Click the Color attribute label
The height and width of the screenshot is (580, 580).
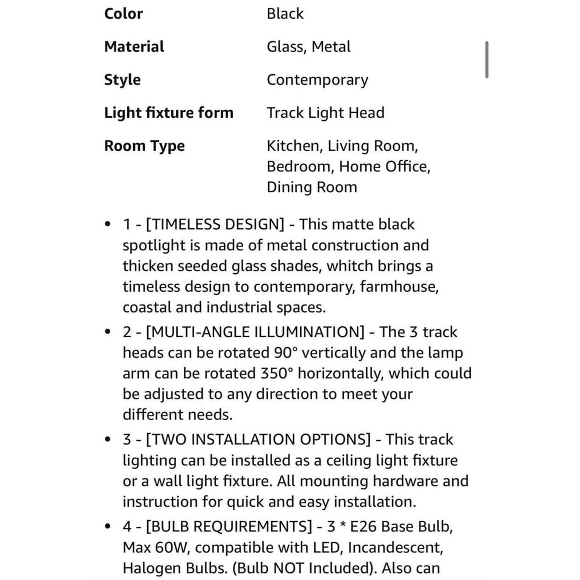[x=123, y=14]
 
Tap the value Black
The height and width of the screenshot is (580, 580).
[x=285, y=14]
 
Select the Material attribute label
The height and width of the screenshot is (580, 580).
[x=134, y=47]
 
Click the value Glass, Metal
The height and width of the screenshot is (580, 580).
[x=308, y=47]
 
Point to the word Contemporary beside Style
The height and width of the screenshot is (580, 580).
[x=317, y=80]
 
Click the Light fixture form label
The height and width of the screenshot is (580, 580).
[x=169, y=113]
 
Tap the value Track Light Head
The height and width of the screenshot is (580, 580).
[x=325, y=113]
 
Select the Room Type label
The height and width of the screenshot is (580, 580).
[x=144, y=146]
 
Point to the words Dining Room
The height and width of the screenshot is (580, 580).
[x=311, y=187]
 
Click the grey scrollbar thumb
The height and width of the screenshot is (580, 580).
[x=486, y=59]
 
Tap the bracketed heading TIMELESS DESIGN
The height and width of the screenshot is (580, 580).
[x=215, y=224]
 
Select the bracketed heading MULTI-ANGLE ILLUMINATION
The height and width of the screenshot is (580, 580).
[x=255, y=332]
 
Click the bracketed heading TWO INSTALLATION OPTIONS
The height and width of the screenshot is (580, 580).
[x=258, y=439]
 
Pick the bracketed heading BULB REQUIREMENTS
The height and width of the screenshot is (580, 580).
[x=229, y=526]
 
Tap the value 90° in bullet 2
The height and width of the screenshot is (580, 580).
[x=286, y=353]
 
